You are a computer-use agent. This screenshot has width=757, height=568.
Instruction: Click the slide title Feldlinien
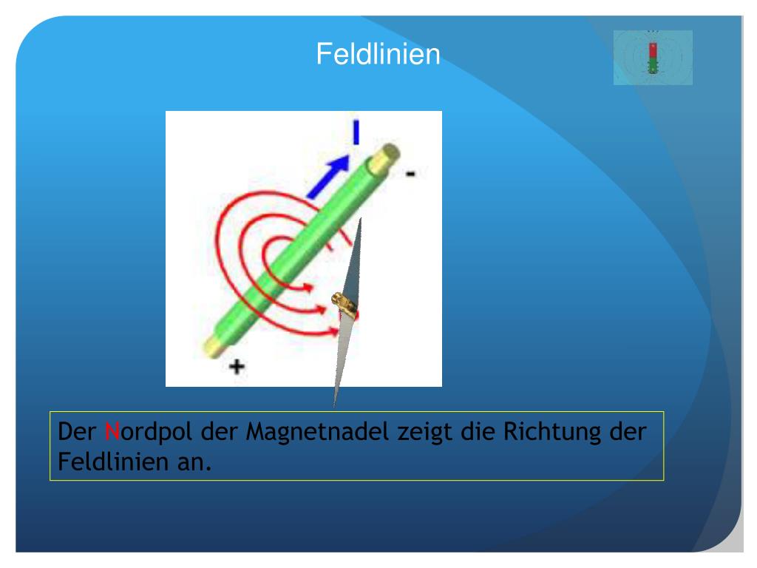378,54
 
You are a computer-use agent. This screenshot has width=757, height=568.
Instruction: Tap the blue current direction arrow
330,176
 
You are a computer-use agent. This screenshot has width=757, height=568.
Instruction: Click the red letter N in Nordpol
112,431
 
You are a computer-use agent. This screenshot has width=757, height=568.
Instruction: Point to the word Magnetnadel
317,431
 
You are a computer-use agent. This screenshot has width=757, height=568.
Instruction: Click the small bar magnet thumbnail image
653,58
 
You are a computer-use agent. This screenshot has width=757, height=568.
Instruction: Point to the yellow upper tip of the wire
387,155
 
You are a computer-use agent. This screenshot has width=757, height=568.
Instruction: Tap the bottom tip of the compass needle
334,404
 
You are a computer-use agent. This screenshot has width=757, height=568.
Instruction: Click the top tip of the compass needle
361,221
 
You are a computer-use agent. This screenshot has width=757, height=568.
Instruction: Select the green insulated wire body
296,248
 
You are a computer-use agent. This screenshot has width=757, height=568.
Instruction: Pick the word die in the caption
478,431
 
